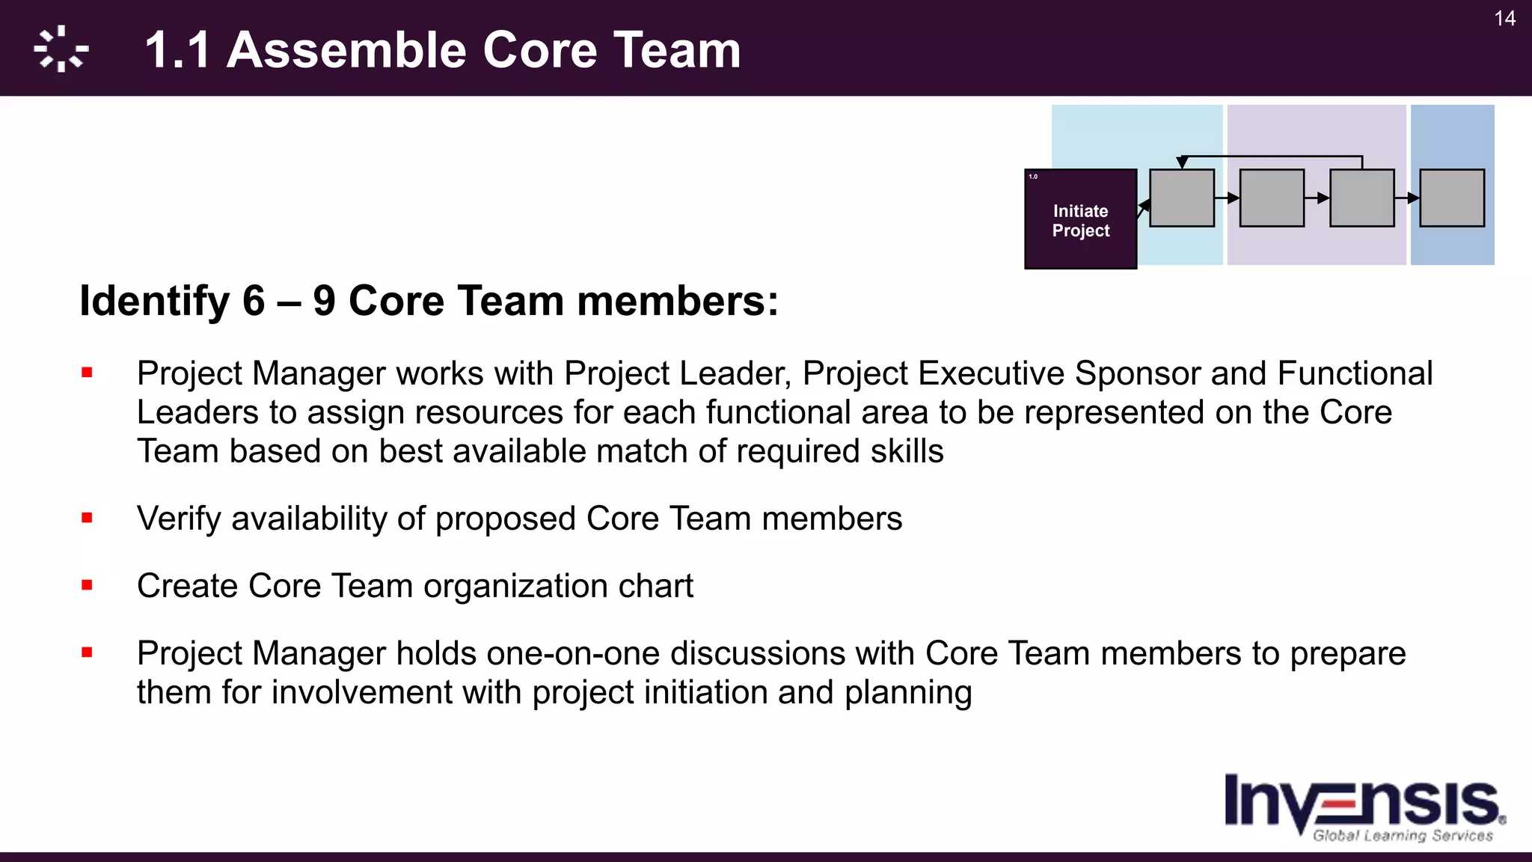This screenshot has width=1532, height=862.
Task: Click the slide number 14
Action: (x=1504, y=19)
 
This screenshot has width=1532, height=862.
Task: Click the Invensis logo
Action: (x=1364, y=805)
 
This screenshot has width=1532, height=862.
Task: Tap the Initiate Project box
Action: (x=1080, y=219)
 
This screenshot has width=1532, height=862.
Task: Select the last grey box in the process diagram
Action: (x=1451, y=198)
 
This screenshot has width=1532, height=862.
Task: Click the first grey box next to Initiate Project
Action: (x=1181, y=198)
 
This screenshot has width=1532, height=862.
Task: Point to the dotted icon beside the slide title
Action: (x=61, y=49)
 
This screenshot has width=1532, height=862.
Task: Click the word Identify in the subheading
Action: (x=154, y=301)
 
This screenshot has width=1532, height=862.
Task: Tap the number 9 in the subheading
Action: (x=324, y=301)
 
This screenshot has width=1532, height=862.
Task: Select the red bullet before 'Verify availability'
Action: (x=88, y=518)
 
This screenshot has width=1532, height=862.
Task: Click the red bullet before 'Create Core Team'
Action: (x=88, y=585)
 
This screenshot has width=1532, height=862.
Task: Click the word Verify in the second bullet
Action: (x=179, y=519)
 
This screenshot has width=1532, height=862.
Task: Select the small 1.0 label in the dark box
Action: (x=1033, y=177)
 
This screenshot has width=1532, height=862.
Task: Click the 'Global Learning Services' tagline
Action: (x=1403, y=835)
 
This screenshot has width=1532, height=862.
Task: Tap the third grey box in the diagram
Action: (x=1361, y=198)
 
